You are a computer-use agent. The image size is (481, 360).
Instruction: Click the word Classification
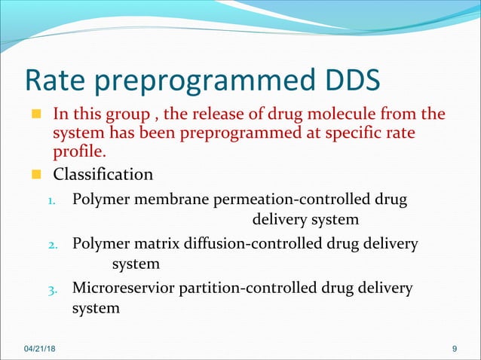103,175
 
